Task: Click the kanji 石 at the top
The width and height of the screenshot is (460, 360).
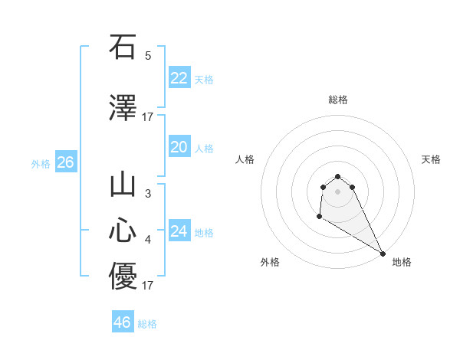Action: [123, 47]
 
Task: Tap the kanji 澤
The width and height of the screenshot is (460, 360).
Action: [123, 108]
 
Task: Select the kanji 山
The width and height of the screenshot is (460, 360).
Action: [123, 186]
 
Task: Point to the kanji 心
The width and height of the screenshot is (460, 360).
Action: [123, 231]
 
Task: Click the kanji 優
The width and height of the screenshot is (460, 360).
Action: [123, 277]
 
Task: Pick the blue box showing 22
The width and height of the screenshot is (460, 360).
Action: [179, 78]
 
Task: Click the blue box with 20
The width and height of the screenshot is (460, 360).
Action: [179, 147]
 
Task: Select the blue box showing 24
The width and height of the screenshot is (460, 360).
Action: [179, 231]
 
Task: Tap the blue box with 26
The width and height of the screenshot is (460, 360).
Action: [65, 162]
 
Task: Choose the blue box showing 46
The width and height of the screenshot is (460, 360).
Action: [123, 322]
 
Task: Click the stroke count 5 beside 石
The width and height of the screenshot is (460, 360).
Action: [148, 56]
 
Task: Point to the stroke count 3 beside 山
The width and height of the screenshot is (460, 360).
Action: [148, 195]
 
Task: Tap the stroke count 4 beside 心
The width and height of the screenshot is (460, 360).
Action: [148, 240]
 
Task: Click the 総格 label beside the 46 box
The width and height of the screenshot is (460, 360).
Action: [147, 324]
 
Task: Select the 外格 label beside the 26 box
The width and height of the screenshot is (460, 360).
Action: [41, 164]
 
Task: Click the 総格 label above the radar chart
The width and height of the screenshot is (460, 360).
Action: [337, 100]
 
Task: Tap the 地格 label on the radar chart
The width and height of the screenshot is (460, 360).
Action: [402, 262]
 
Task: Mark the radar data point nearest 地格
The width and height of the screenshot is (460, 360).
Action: [383, 254]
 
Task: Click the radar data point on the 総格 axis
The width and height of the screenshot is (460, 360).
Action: [337, 176]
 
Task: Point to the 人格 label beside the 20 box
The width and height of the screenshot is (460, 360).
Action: [204, 149]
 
